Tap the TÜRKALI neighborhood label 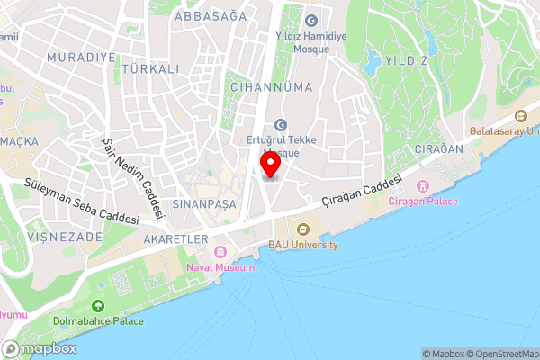pyautogui.click(x=150, y=68)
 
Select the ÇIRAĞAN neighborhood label pyautogui.click(x=438, y=148)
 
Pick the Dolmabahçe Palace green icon pyautogui.click(x=97, y=307)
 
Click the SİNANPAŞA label pyautogui.click(x=204, y=205)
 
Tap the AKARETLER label pyautogui.click(x=175, y=239)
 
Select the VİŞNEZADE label pyautogui.click(x=55, y=236)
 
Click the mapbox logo pyautogui.click(x=40, y=348)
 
